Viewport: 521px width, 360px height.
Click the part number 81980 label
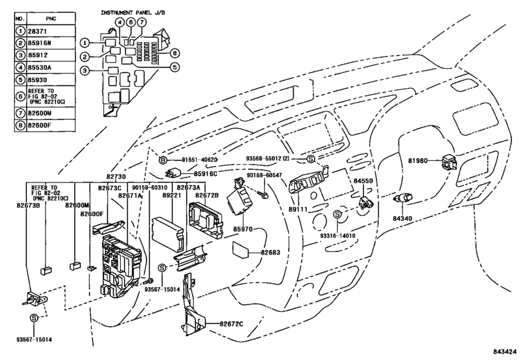click(x=418, y=161)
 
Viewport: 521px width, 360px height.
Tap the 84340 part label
click(x=402, y=219)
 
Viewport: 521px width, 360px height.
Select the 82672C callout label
click(x=231, y=324)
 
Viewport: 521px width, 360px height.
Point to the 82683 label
click(x=270, y=253)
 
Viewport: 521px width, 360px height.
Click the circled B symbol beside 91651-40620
click(x=163, y=160)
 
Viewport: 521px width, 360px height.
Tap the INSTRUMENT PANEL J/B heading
click(x=133, y=13)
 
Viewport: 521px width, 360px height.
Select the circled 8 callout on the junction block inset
click(x=175, y=53)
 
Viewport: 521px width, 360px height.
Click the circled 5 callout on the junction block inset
click(x=175, y=67)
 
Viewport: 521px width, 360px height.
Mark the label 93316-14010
click(x=337, y=236)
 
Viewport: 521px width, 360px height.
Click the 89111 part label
click(x=298, y=210)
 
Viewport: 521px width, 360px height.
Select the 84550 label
click(x=363, y=181)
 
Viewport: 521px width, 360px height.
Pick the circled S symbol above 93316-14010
click(x=337, y=215)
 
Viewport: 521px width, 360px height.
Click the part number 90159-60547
click(x=264, y=175)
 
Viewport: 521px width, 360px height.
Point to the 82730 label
click(x=116, y=176)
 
